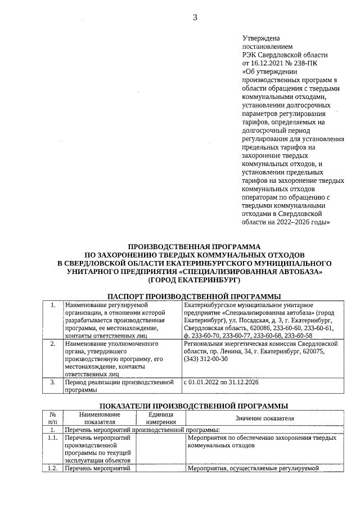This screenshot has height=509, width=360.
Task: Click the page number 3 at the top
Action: point(195,17)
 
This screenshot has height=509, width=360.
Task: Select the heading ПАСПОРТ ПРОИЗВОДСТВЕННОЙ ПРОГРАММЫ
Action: point(195,296)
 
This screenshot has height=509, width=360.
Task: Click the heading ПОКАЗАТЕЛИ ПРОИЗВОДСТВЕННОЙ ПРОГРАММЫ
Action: point(195,406)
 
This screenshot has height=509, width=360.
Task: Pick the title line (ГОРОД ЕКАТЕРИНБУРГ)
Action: point(195,279)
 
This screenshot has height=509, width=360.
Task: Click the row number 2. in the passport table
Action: point(53,343)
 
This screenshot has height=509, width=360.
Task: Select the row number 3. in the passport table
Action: point(53,382)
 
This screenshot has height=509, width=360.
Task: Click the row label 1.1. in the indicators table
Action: point(53,437)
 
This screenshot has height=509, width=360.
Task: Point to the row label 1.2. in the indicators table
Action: point(53,467)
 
